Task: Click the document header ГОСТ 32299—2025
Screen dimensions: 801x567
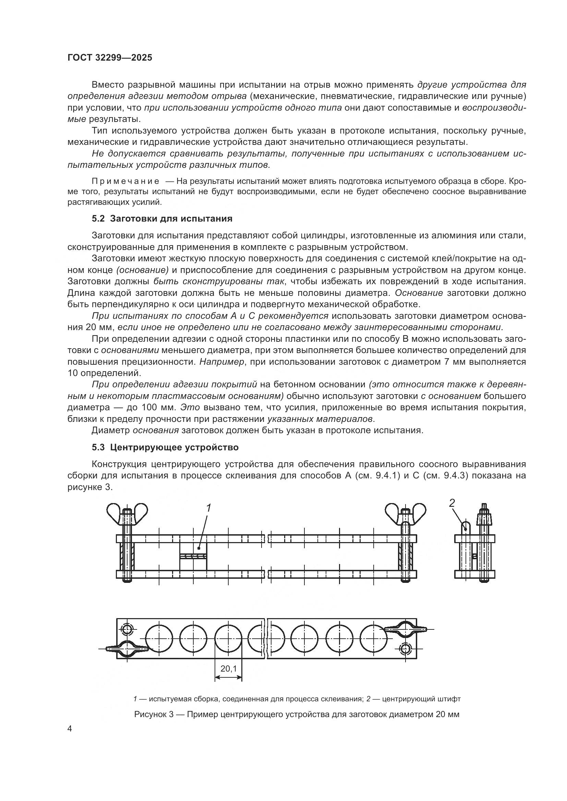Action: point(110,58)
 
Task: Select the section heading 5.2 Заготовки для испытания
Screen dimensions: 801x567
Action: point(162,219)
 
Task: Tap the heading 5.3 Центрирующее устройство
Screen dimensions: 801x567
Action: point(165,447)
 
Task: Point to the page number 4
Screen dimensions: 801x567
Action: point(70,729)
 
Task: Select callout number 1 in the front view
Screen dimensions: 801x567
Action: point(209,508)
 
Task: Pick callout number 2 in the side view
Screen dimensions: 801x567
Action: point(452,503)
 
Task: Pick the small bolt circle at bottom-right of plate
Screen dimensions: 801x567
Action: point(406,648)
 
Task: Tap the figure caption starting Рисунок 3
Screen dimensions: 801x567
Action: point(297,714)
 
